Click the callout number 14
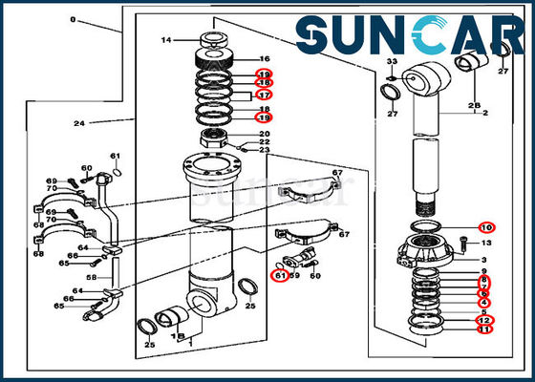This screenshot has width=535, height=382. (x=166, y=40)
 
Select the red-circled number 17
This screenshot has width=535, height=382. (x=265, y=95)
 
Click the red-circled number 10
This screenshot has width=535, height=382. (x=486, y=227)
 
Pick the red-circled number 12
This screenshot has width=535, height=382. (x=485, y=320)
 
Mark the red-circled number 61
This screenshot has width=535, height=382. (x=280, y=275)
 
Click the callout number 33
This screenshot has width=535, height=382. (x=392, y=62)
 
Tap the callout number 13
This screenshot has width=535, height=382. (x=486, y=244)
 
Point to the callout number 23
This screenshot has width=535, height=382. (x=265, y=149)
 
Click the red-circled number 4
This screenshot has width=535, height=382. (x=485, y=303)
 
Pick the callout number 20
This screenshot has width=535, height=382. (x=265, y=134)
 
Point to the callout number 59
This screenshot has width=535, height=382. (x=295, y=275)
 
